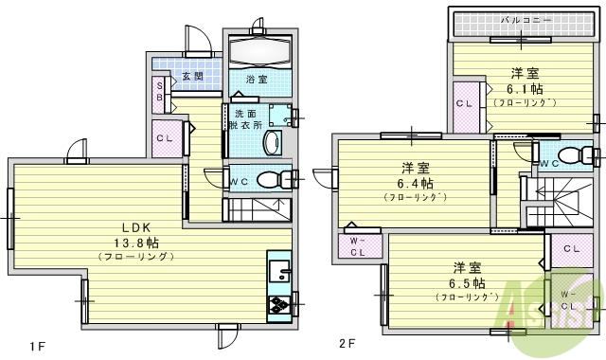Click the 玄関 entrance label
(x=192, y=76)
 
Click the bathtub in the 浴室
(x=257, y=50)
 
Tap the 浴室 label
(x=256, y=80)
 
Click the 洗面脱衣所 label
(x=248, y=120)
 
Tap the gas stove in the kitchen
(x=281, y=304)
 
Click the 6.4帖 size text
(x=416, y=183)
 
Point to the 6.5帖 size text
(x=468, y=282)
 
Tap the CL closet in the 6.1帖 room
(x=465, y=102)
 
